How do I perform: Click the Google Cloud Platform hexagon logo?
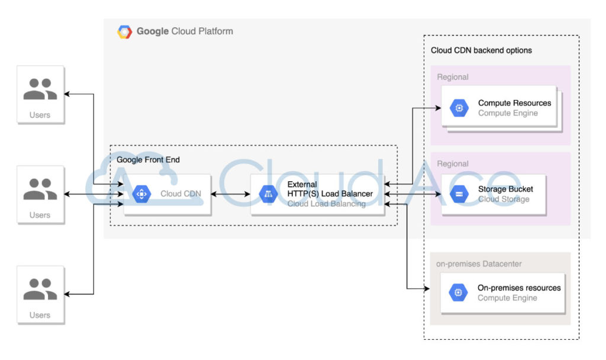(x=124, y=32)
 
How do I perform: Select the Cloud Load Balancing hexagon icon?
(x=269, y=194)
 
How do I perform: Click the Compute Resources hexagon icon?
(x=459, y=108)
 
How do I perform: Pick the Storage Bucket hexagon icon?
(x=459, y=194)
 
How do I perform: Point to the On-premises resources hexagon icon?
(x=458, y=292)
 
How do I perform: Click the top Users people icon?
(x=40, y=89)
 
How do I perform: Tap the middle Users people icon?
(x=40, y=189)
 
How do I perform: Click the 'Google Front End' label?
(x=148, y=160)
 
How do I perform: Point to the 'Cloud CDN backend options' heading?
(x=481, y=50)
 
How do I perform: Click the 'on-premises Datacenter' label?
(x=479, y=264)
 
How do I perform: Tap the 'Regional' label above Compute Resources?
(x=453, y=77)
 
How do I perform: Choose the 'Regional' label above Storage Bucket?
(x=453, y=163)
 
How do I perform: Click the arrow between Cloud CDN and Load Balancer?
(x=231, y=194)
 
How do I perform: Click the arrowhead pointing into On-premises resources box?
(x=427, y=289)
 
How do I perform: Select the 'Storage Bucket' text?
(x=505, y=189)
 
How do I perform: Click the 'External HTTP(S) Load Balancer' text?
(x=330, y=189)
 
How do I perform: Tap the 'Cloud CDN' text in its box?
(x=180, y=194)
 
